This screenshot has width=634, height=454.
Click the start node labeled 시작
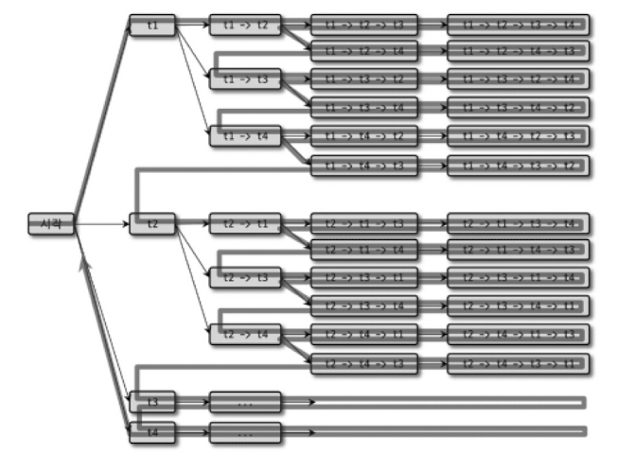tap(51, 224)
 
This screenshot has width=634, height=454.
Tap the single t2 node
tap(152, 224)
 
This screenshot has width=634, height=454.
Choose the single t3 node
tap(152, 403)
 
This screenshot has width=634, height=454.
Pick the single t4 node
tap(152, 433)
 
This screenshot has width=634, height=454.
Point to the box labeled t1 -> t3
tap(245, 79)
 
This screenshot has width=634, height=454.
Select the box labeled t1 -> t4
tap(245, 136)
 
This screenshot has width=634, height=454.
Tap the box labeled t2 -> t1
tap(245, 224)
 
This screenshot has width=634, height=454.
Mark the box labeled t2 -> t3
tap(245, 278)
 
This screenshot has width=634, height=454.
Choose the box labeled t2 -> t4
tap(245, 335)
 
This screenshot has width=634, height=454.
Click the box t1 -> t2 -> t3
tap(363, 24)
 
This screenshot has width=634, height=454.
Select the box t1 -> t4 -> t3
tap(363, 166)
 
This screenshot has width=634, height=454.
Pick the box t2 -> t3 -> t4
tap(363, 306)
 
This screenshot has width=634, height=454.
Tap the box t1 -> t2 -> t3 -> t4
tap(518, 24)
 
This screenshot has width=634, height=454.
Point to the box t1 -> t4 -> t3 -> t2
tap(518, 166)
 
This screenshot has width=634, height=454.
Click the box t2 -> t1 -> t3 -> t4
tap(518, 224)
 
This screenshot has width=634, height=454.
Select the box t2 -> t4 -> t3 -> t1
tap(518, 363)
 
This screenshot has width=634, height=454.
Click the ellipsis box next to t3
tap(245, 403)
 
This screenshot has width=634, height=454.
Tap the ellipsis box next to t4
tap(245, 433)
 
